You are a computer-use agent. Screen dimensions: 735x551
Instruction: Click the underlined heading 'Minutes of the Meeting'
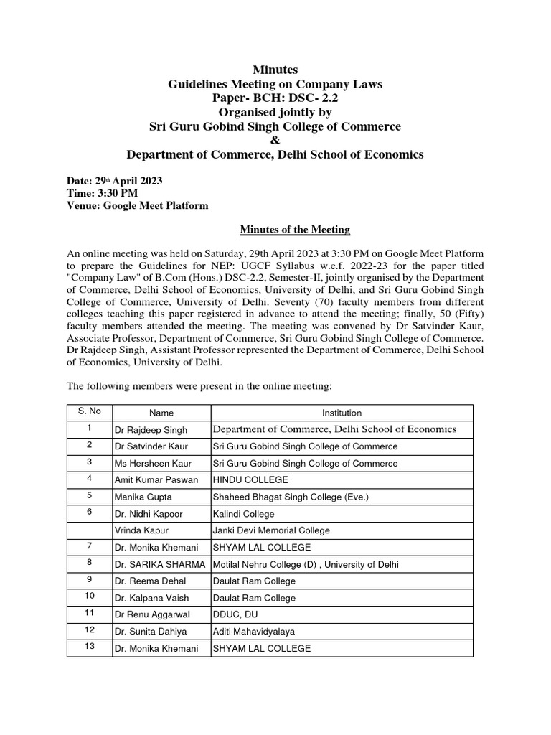pyautogui.click(x=295, y=230)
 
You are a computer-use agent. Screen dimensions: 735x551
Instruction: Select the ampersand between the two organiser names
pyautogui.click(x=275, y=141)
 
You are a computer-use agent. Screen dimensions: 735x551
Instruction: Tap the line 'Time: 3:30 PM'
pyautogui.click(x=103, y=192)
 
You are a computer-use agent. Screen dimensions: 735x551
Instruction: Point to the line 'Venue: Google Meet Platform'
pyautogui.click(x=138, y=205)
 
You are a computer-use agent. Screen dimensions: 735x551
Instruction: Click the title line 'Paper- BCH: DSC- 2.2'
pyautogui.click(x=275, y=98)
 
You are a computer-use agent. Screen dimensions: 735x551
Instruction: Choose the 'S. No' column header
pyautogui.click(x=89, y=413)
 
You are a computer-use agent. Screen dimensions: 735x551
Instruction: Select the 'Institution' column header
pyautogui.click(x=342, y=413)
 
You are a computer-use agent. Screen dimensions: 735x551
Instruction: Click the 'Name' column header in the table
pyautogui.click(x=161, y=413)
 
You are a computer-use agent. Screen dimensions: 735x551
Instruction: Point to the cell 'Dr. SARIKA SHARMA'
pyautogui.click(x=160, y=564)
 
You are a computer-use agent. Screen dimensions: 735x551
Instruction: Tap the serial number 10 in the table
pyautogui.click(x=89, y=596)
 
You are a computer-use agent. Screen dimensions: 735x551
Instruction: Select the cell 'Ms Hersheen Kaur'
pyautogui.click(x=149, y=463)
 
